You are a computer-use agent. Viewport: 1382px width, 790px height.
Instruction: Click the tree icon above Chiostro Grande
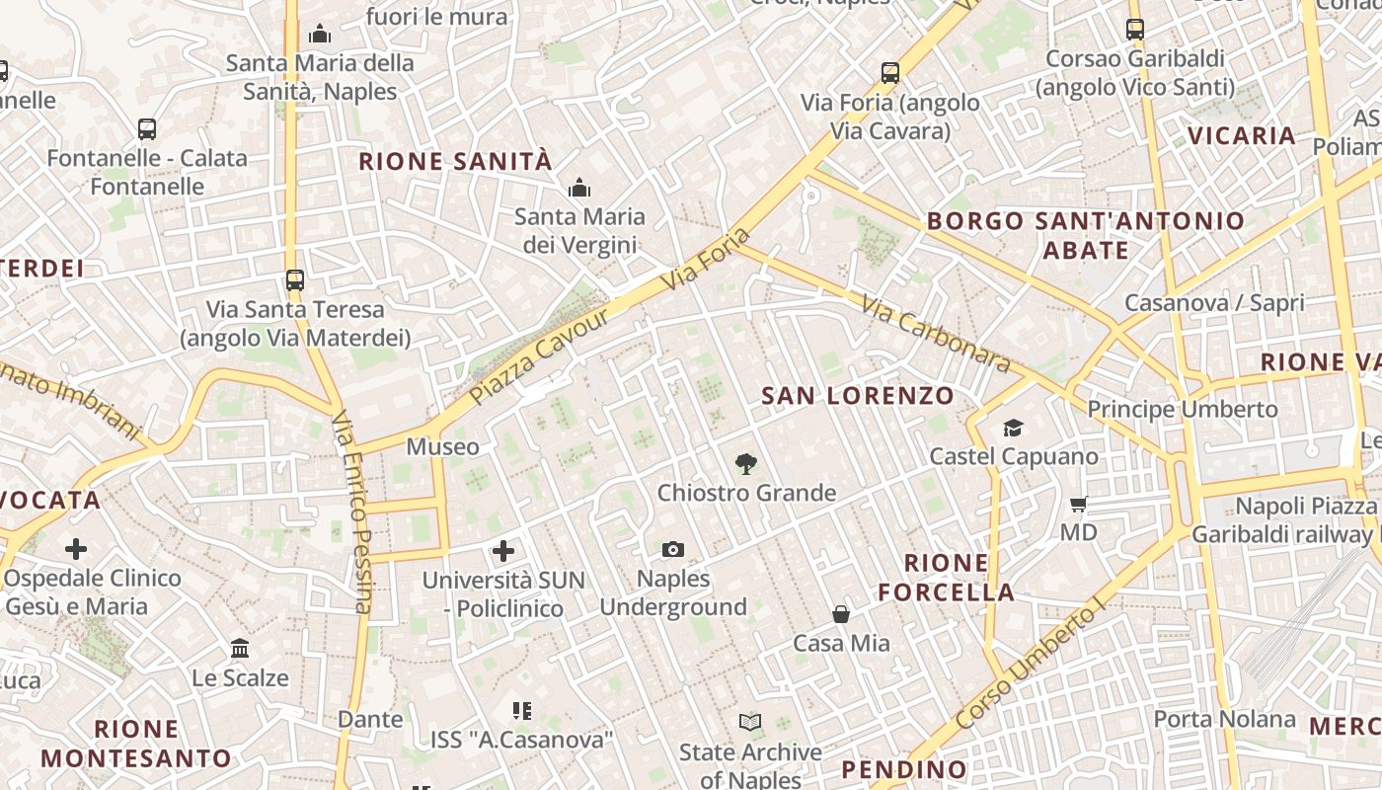tap(746, 463)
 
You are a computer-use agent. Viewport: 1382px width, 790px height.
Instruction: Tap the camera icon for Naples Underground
tap(673, 549)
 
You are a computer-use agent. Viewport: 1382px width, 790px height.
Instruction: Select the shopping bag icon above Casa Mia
tap(841, 614)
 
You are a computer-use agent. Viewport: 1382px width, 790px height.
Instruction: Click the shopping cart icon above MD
tap(1079, 505)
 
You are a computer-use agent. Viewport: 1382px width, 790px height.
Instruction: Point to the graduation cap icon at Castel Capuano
tap(1013, 428)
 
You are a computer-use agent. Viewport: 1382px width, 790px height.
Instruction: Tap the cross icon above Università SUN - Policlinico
tap(503, 551)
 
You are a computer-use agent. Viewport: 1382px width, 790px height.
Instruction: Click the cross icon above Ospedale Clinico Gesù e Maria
tap(76, 549)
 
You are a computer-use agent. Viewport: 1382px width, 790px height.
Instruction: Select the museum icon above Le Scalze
tap(240, 649)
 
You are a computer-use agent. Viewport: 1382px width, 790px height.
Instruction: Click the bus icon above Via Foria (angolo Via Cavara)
tap(890, 72)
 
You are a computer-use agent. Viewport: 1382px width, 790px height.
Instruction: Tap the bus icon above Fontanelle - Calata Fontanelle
tap(147, 128)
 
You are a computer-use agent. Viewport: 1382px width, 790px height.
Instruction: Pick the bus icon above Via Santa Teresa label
tap(295, 279)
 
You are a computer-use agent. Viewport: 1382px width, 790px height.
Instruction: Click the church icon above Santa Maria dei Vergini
tap(579, 187)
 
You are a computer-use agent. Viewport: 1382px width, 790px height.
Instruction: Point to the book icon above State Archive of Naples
tap(750, 723)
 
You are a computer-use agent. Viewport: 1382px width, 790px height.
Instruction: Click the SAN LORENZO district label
tap(858, 396)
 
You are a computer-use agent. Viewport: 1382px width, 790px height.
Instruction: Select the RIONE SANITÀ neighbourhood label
tap(455, 161)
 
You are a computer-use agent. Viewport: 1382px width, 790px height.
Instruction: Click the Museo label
tap(443, 446)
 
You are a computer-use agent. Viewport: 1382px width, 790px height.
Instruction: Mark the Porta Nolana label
tap(1224, 719)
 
